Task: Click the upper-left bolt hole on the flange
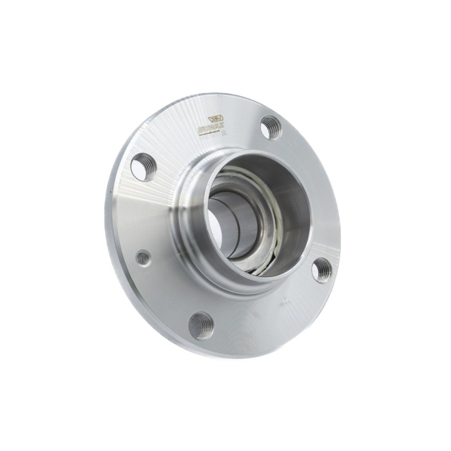pos(143,167)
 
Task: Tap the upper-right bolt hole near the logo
pos(271,127)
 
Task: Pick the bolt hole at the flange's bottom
pos(202,325)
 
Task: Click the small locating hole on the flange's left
pos(143,258)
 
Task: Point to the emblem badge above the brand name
pos(215,120)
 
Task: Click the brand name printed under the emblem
pos(211,129)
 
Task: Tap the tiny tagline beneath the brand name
pos(210,135)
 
